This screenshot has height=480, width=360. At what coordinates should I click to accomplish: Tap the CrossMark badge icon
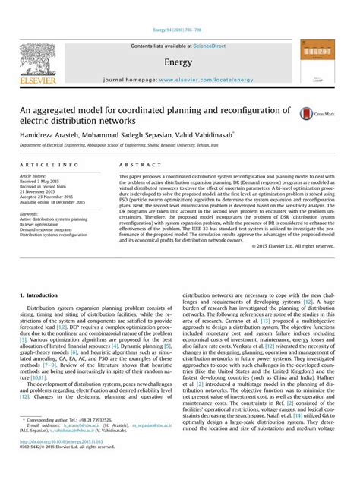pos(328,112)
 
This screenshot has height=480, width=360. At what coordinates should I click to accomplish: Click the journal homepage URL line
pos(180,80)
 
